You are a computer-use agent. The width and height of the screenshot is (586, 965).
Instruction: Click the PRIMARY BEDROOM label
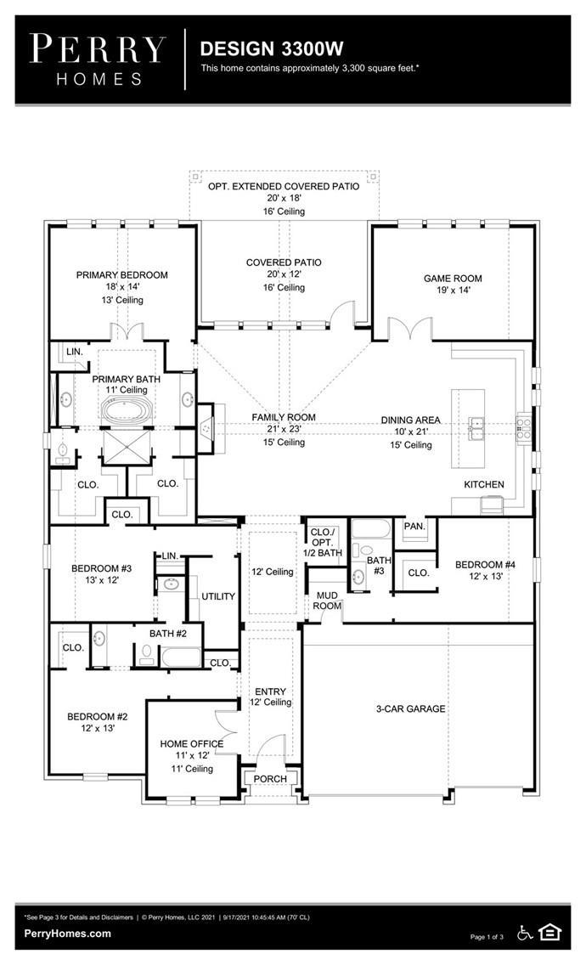122,275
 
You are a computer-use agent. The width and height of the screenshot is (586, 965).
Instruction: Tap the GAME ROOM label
453,278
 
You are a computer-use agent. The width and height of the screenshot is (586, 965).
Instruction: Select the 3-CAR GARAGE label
410,709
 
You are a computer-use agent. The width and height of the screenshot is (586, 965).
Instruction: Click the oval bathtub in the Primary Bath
126,410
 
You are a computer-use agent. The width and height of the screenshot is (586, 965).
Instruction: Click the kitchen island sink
476,428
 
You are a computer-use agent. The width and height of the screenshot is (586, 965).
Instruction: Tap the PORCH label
270,779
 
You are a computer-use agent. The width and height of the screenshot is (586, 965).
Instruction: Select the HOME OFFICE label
191,744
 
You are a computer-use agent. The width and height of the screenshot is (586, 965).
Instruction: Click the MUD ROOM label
327,601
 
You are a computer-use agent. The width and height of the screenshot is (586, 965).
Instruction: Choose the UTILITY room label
218,596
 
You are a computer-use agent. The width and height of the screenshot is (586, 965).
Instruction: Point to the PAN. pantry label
414,526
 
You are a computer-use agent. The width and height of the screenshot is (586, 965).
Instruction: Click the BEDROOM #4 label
485,565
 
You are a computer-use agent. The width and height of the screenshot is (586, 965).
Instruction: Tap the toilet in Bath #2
146,653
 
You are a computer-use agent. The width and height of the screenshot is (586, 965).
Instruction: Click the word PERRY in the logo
98,48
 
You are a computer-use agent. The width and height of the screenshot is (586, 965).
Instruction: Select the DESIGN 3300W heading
272,48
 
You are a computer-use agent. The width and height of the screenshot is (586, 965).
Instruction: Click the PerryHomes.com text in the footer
68,934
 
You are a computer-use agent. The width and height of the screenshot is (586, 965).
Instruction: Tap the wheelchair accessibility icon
525,933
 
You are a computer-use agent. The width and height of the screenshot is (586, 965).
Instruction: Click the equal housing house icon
549,933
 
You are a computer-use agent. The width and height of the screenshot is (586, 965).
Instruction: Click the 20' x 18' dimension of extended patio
284,198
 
